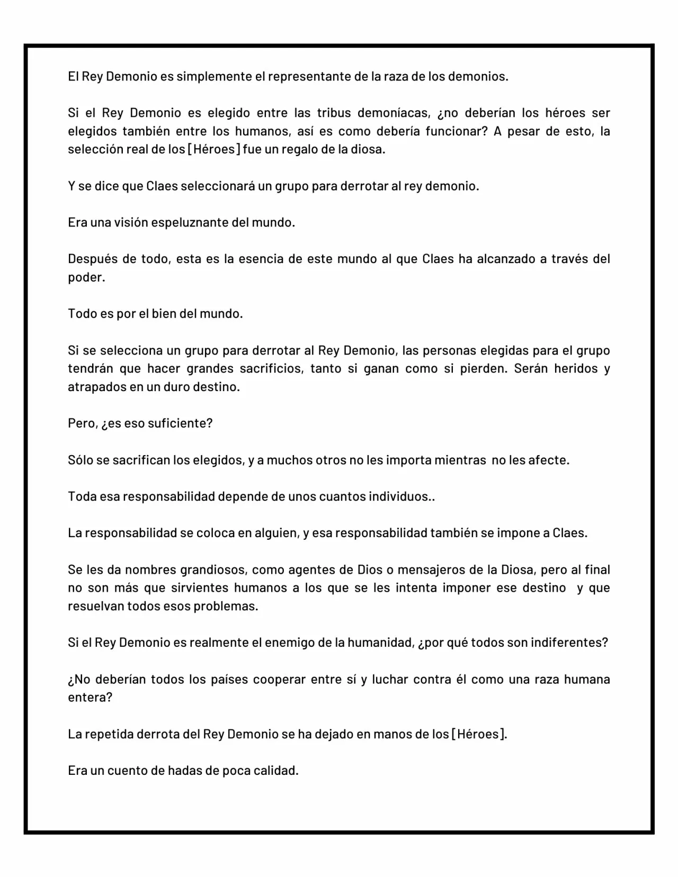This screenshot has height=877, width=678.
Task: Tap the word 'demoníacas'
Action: [392, 113]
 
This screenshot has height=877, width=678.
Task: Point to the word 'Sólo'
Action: [81, 460]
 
